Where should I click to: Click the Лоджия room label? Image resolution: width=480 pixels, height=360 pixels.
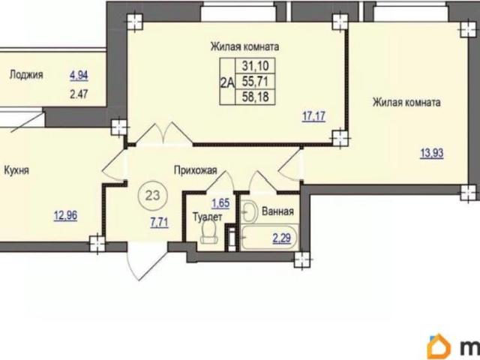click(26, 75)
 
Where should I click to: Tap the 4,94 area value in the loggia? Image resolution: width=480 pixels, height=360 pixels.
click(79, 75)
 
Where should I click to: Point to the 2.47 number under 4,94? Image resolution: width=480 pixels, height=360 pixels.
click(79, 94)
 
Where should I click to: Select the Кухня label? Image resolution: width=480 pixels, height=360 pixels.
click(16, 170)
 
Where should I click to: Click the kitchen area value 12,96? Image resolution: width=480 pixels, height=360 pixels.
click(65, 216)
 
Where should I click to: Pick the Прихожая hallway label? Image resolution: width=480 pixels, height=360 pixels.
click(195, 170)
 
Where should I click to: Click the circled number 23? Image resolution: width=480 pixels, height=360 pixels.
click(152, 195)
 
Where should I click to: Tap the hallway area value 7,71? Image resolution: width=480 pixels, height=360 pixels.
click(159, 223)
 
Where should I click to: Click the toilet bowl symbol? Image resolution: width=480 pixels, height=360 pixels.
click(208, 232)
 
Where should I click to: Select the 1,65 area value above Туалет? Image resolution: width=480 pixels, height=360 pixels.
click(220, 202)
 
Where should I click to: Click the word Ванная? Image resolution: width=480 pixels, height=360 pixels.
click(277, 211)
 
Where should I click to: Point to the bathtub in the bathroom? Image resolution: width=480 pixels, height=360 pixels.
click(269, 237)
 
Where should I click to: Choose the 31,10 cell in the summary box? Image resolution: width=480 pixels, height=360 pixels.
click(255, 65)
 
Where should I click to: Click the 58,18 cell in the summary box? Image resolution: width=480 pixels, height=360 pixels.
click(255, 97)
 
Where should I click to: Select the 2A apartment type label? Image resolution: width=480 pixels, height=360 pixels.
click(227, 82)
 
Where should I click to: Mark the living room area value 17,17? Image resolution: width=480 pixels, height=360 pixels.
click(313, 116)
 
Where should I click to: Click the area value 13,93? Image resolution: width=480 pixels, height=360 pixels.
click(432, 153)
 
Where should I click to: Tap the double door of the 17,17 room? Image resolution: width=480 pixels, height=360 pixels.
click(164, 133)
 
